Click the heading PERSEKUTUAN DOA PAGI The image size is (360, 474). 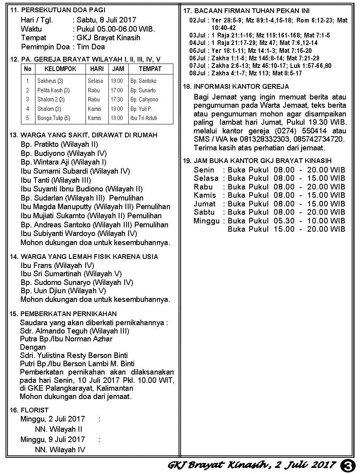pyautogui.click(x=63, y=10)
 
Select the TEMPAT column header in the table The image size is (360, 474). pyautogui.click(x=150, y=69)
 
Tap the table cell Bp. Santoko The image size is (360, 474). pyautogui.click(x=144, y=81)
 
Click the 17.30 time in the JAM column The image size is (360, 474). pyautogui.click(x=117, y=99)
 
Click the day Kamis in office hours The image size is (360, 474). pyautogui.click(x=205, y=195)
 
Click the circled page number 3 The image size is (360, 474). pyautogui.click(x=349, y=465)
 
